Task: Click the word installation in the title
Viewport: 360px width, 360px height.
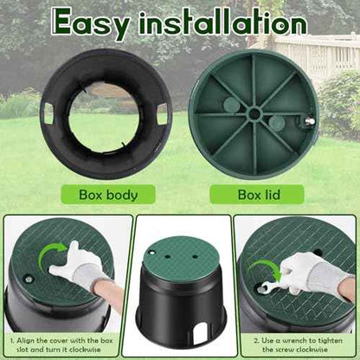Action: click(223, 22)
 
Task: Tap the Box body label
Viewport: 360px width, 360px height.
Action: click(108, 195)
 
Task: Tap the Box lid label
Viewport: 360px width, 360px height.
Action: click(259, 195)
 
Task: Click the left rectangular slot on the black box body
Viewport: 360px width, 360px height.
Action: click(48, 113)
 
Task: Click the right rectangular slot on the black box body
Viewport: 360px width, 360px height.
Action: click(163, 114)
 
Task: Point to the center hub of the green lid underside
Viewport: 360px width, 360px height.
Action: click(254, 113)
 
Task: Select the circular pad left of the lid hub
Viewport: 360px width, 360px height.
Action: click(232, 106)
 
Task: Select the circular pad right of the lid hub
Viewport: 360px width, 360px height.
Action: click(277, 123)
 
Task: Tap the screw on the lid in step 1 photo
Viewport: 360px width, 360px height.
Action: click(29, 280)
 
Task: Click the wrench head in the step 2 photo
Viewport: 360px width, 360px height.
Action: click(264, 287)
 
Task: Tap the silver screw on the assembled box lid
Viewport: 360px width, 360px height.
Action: click(151, 253)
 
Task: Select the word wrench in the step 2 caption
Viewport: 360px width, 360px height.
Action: click(296, 341)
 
